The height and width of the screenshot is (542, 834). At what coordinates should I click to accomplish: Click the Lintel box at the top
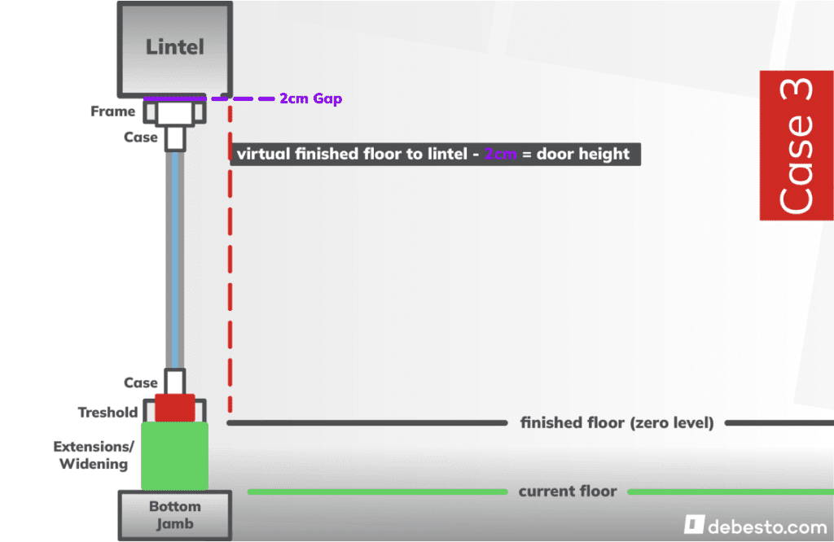[x=174, y=47]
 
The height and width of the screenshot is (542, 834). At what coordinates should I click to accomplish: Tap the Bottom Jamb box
[x=174, y=514]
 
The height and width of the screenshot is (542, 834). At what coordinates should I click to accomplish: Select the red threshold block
[x=175, y=408]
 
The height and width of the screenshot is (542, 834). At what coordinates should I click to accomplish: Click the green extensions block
[x=175, y=456]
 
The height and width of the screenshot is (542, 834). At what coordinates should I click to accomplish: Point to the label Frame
[x=112, y=111]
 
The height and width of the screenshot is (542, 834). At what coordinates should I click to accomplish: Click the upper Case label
[x=140, y=138]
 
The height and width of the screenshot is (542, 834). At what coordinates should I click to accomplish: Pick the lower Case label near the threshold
[x=140, y=382]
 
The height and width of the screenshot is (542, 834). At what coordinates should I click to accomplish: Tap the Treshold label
[x=108, y=413]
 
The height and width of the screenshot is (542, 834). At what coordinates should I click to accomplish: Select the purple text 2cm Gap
[x=310, y=98]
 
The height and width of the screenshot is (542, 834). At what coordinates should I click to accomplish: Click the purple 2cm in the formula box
[x=500, y=155]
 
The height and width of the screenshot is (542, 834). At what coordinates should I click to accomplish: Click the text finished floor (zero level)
[x=617, y=423]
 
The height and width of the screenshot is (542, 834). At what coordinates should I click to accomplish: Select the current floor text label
[x=567, y=492]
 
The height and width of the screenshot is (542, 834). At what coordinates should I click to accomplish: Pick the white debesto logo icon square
[x=694, y=524]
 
